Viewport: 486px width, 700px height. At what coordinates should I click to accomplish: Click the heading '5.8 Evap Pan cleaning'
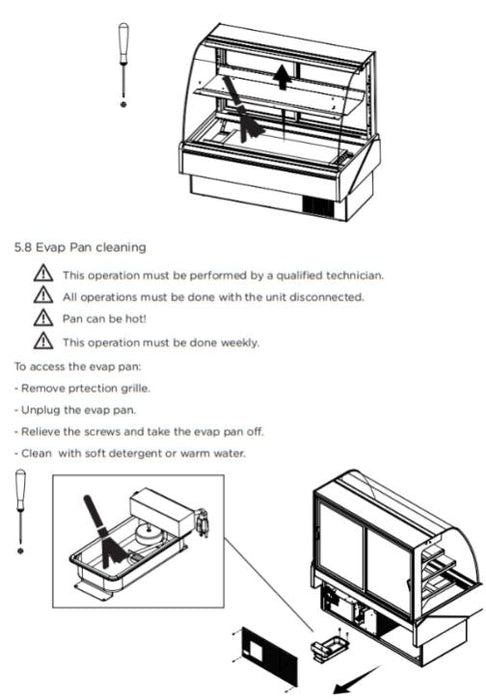coord(80,247)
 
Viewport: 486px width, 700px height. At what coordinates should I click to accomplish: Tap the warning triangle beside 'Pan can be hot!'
coord(43,318)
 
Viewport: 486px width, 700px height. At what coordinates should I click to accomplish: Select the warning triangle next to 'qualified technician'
coord(43,273)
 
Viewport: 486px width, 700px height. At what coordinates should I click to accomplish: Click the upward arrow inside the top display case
coord(282,76)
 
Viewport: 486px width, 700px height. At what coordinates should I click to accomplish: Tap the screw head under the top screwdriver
coord(124,104)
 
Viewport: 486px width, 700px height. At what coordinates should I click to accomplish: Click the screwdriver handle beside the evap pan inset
coord(21,490)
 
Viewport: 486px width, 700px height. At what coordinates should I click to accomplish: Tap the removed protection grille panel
coord(270,658)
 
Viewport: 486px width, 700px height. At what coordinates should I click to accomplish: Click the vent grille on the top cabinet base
coord(318,207)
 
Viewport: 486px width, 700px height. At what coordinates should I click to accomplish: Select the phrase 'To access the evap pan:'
coord(77,367)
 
